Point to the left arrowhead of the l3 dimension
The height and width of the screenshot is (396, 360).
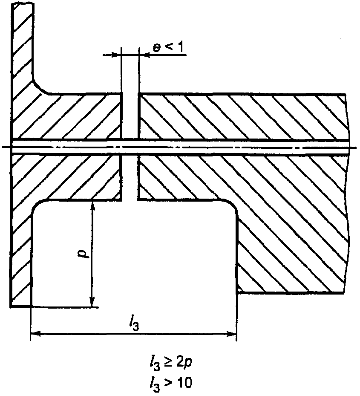pyautogui.click(x=36, y=334)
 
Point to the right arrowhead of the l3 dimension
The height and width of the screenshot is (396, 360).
pyautogui.click(x=231, y=334)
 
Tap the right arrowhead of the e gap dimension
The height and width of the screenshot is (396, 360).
pyautogui.click(x=144, y=55)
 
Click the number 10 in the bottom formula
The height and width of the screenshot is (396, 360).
pyautogui.click(x=184, y=383)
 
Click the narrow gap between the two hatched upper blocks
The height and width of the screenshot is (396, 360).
pyautogui.click(x=130, y=116)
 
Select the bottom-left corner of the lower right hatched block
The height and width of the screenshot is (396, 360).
pyautogui.click(x=237, y=293)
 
